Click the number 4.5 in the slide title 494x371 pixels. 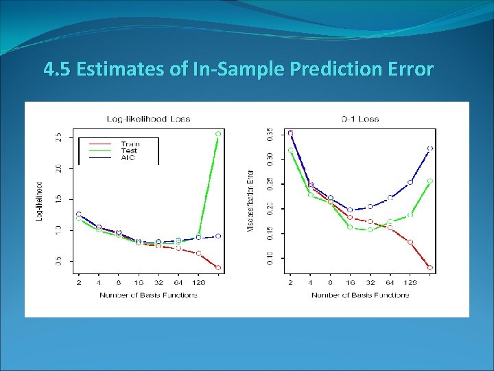56,69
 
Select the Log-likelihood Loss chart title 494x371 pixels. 148,119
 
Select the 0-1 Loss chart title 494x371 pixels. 360,119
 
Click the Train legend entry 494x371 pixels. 128,144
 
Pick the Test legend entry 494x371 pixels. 128,150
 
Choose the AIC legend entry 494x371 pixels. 128,158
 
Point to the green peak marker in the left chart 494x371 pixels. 218,134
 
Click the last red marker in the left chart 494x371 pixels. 218,267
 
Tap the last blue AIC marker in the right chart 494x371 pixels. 430,148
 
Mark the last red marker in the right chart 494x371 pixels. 430,267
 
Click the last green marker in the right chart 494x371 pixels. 430,181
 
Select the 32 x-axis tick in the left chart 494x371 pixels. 158,282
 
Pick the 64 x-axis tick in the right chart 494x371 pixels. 390,282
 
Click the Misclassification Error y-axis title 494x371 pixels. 252,201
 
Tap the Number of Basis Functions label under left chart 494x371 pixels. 148,295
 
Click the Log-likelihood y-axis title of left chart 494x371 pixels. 40,201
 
